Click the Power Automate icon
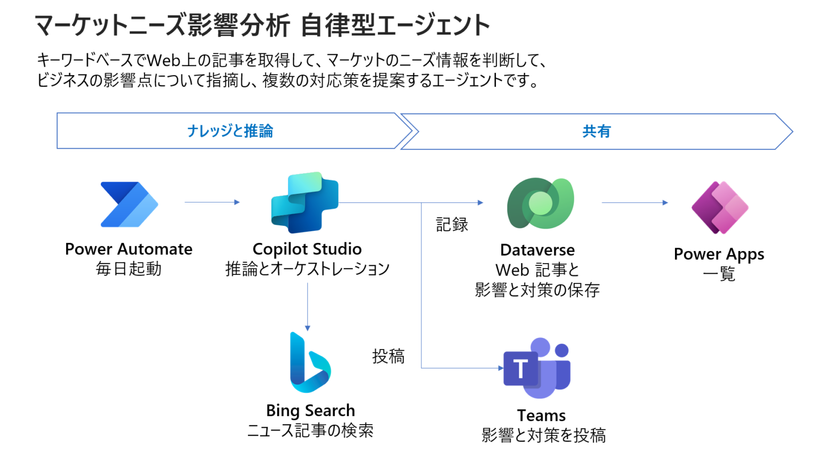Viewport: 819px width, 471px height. (x=129, y=205)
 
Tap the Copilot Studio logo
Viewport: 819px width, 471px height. (x=305, y=202)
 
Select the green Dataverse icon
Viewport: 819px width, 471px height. (x=540, y=203)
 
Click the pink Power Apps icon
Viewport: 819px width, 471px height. (x=720, y=208)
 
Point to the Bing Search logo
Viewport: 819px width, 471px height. (x=309, y=363)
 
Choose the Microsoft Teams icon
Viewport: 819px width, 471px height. (x=537, y=368)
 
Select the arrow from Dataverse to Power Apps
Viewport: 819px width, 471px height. (x=635, y=202)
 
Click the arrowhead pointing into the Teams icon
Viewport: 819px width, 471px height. (x=500, y=368)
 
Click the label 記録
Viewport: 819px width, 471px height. (x=452, y=225)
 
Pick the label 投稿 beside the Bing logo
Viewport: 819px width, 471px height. (x=388, y=356)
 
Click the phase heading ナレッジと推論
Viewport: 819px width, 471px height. (x=230, y=131)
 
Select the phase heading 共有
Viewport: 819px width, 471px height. (x=596, y=132)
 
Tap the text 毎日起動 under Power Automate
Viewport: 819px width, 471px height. (x=129, y=269)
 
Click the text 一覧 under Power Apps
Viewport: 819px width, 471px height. (x=719, y=274)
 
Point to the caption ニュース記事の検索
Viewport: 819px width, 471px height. (x=310, y=431)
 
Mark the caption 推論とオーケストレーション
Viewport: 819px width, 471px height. (x=307, y=269)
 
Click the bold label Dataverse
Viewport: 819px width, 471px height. (x=537, y=250)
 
